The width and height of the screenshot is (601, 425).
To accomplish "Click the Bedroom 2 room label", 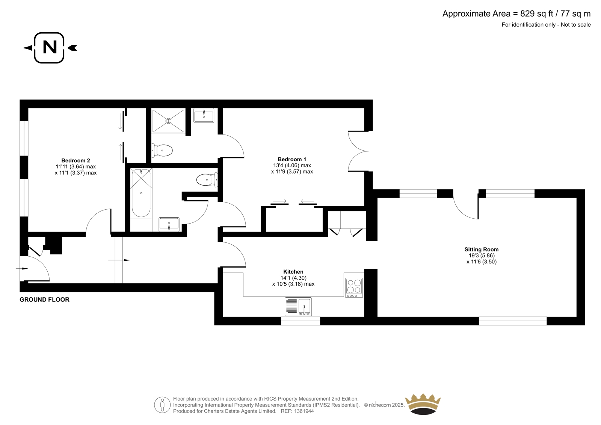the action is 76,160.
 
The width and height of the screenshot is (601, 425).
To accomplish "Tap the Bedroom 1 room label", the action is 292,159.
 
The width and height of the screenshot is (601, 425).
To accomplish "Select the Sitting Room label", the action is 482,250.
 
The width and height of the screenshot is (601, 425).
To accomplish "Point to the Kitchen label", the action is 293,272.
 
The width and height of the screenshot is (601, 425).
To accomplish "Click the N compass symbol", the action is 50,48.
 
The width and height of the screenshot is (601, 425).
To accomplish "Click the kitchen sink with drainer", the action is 298,307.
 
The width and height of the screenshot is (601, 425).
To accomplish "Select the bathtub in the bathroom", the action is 141,193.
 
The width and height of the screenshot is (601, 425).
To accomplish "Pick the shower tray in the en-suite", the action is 169,121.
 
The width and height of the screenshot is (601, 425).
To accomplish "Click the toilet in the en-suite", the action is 162,150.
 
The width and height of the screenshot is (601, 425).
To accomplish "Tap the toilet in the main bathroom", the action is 207,180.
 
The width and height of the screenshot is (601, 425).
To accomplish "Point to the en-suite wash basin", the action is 204,115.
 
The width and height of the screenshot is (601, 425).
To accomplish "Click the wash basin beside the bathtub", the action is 169,224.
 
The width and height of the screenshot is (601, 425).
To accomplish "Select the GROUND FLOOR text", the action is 45,299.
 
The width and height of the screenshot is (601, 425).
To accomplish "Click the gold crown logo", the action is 423,404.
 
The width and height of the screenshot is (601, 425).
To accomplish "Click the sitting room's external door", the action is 466,204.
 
